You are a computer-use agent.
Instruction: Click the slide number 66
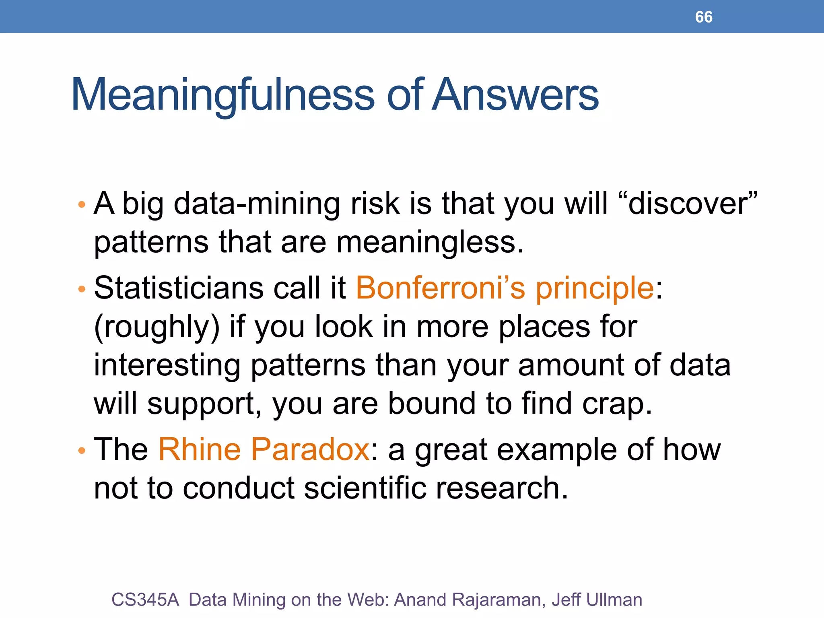tap(703, 17)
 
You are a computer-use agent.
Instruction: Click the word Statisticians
tap(178, 288)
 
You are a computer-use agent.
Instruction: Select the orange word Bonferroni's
tap(440, 288)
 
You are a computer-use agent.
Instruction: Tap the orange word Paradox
tap(310, 449)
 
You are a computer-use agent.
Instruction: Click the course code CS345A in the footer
tap(145, 600)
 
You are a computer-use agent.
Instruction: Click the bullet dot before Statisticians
tap(82, 289)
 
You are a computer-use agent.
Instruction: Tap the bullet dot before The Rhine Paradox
tap(82, 451)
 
